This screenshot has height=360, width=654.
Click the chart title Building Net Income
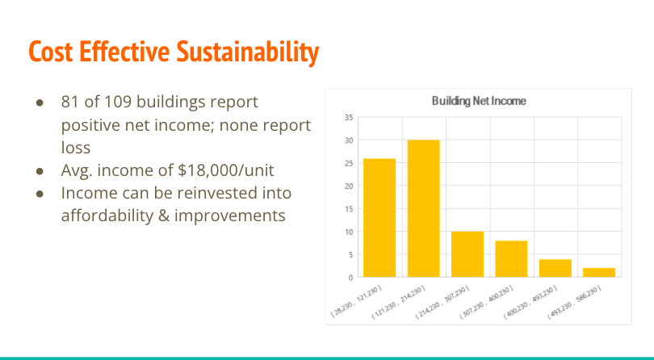point(479,101)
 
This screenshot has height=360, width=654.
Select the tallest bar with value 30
point(423,208)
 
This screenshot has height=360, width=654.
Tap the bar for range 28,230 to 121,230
point(379,218)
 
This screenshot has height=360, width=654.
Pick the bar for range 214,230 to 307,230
point(467,254)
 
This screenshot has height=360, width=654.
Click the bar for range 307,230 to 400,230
point(511,258)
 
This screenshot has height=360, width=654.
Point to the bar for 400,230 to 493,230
point(555,268)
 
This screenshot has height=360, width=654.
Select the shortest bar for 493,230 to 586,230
point(599,272)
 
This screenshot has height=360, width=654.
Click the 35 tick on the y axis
point(349,118)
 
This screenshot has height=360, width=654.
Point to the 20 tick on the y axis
point(349,186)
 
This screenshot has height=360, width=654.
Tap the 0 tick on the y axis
point(350,278)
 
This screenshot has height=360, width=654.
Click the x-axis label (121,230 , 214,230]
point(399,302)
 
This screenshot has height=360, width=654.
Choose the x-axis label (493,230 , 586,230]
point(574,302)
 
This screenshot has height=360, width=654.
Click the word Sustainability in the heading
point(247,52)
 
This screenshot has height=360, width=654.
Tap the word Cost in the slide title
point(51,52)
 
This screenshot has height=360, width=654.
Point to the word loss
point(76,147)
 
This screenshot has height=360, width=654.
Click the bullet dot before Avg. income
point(40,171)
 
